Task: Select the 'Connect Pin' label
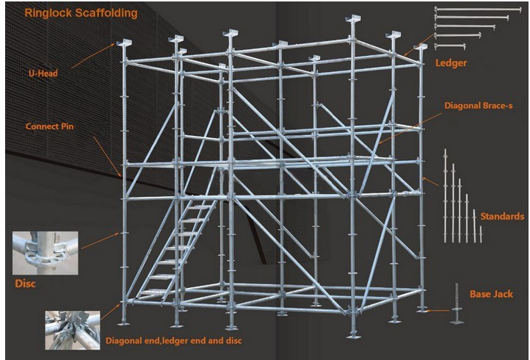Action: pyautogui.click(x=50, y=126)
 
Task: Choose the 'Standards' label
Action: pyautogui.click(x=501, y=216)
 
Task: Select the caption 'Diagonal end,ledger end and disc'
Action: pyautogui.click(x=173, y=340)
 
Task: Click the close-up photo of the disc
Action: pyautogui.click(x=35, y=252)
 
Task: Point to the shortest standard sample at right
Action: pyautogui.click(x=481, y=233)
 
